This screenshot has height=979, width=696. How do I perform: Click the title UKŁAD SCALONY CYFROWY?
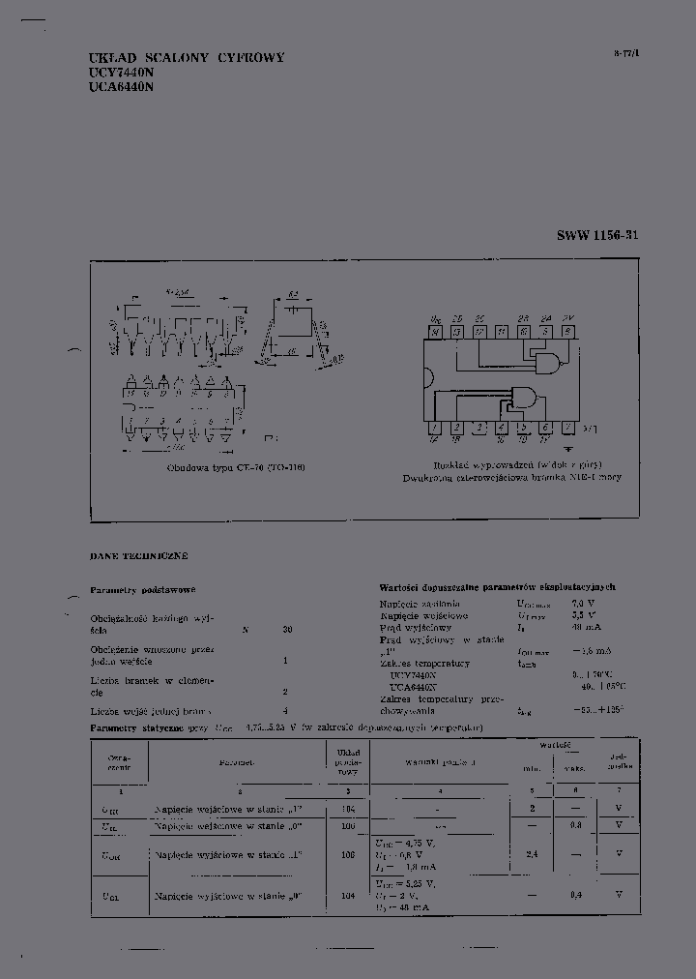click(x=187, y=58)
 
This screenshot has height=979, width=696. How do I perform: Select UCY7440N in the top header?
click(x=122, y=73)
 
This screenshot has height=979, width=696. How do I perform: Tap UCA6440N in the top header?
click(x=122, y=86)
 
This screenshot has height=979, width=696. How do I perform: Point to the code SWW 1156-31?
click(x=597, y=235)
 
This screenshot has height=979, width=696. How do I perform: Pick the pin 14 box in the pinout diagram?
click(x=434, y=332)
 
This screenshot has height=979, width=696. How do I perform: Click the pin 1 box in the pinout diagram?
click(x=434, y=427)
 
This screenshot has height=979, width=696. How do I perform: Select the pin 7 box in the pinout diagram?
click(x=568, y=427)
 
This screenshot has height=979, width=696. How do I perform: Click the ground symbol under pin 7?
click(x=568, y=449)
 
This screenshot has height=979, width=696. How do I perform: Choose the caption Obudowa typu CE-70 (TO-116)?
click(x=236, y=466)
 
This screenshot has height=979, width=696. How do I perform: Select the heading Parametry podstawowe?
click(x=143, y=589)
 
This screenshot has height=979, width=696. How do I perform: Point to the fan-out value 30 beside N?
click(x=287, y=630)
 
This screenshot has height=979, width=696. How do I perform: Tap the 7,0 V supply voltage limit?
click(x=584, y=603)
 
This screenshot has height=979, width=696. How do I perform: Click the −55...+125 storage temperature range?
click(x=597, y=709)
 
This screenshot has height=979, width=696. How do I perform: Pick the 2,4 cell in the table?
click(x=532, y=855)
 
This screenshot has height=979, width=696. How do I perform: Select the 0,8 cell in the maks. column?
click(x=576, y=825)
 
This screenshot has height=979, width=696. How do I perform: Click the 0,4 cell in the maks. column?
click(x=576, y=895)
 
